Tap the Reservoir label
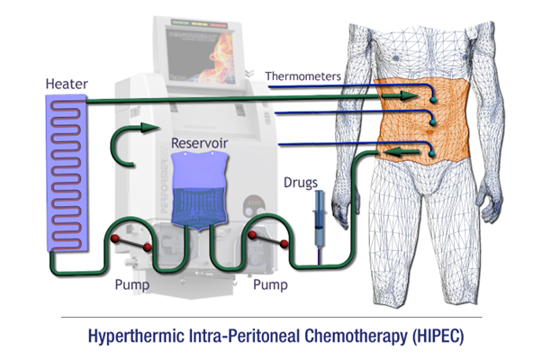pyautogui.click(x=203, y=142)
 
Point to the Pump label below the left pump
pyautogui.click(x=132, y=281)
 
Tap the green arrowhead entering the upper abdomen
pyautogui.click(x=410, y=93)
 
